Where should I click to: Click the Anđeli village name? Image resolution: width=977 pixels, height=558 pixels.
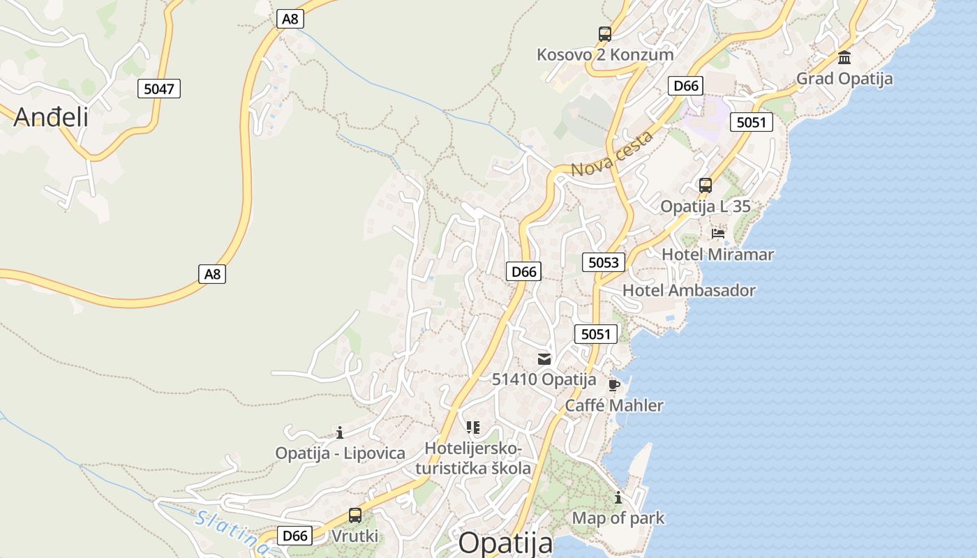pyautogui.click(x=51, y=116)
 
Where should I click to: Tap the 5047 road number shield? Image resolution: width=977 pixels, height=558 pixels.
pyautogui.click(x=159, y=89)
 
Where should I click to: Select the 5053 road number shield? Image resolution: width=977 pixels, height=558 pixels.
pyautogui.click(x=604, y=262)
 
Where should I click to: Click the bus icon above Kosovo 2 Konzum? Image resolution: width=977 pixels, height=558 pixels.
pyautogui.click(x=604, y=33)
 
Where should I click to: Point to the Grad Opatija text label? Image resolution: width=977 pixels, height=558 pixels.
pyautogui.click(x=844, y=79)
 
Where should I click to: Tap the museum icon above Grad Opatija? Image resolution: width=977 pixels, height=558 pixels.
pyautogui.click(x=844, y=57)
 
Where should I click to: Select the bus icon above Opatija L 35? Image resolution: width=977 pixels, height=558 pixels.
pyautogui.click(x=706, y=186)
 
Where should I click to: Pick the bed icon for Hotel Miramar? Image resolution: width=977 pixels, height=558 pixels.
pyautogui.click(x=718, y=234)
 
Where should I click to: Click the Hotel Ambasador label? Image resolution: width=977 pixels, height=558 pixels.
pyautogui.click(x=689, y=290)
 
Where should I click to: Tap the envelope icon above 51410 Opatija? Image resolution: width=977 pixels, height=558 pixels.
pyautogui.click(x=544, y=359)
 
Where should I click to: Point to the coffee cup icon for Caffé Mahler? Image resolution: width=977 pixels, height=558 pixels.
pyautogui.click(x=613, y=385)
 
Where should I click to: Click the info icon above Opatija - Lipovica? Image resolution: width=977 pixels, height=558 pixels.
pyautogui.click(x=340, y=432)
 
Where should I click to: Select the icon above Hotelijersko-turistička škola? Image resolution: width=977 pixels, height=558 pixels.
pyautogui.click(x=473, y=427)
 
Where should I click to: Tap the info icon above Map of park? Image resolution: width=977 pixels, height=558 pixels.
pyautogui.click(x=618, y=497)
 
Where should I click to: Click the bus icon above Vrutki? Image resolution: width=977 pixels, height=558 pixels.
pyautogui.click(x=355, y=515)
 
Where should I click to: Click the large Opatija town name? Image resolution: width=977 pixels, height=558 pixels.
pyautogui.click(x=505, y=543)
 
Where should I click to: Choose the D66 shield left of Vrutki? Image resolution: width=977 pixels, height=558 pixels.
pyautogui.click(x=294, y=536)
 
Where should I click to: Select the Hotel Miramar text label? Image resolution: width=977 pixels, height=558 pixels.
pyautogui.click(x=717, y=255)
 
